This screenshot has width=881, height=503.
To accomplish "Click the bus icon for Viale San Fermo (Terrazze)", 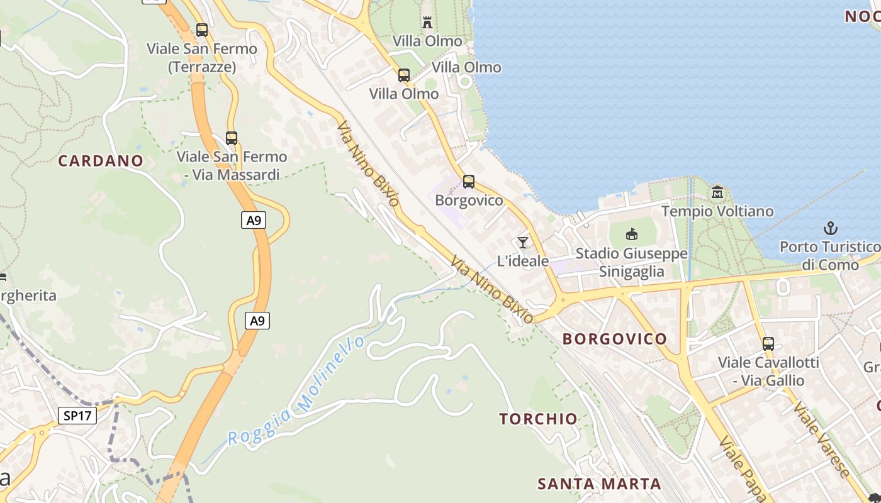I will (202, 30).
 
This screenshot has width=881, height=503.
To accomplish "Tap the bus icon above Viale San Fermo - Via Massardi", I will (232, 138).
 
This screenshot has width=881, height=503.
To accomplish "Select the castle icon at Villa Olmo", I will (427, 23).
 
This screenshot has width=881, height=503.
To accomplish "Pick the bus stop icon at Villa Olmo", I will (404, 75).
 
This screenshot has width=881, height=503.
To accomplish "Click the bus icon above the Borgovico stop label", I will (469, 182).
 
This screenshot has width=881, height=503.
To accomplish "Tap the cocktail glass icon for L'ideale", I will (522, 242).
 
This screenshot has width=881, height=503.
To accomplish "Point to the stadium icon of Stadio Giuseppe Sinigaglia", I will (631, 235).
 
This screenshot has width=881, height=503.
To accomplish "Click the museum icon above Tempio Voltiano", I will (717, 192).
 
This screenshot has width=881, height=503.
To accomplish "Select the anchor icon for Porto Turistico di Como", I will (831, 228).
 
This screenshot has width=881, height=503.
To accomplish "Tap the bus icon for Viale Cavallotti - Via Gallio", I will (768, 344).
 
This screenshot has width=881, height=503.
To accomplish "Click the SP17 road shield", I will (78, 415).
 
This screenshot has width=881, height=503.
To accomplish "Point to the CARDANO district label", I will (101, 161).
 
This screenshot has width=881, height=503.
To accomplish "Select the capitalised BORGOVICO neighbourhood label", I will (614, 339).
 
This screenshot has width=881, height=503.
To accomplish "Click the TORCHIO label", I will (538, 419).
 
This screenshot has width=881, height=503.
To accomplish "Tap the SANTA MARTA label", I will (599, 484).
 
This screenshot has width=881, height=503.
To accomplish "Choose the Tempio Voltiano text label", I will (717, 211).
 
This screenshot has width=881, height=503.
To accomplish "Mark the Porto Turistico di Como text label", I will (830, 255).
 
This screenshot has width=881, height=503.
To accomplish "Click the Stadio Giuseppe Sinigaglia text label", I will (631, 262).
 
